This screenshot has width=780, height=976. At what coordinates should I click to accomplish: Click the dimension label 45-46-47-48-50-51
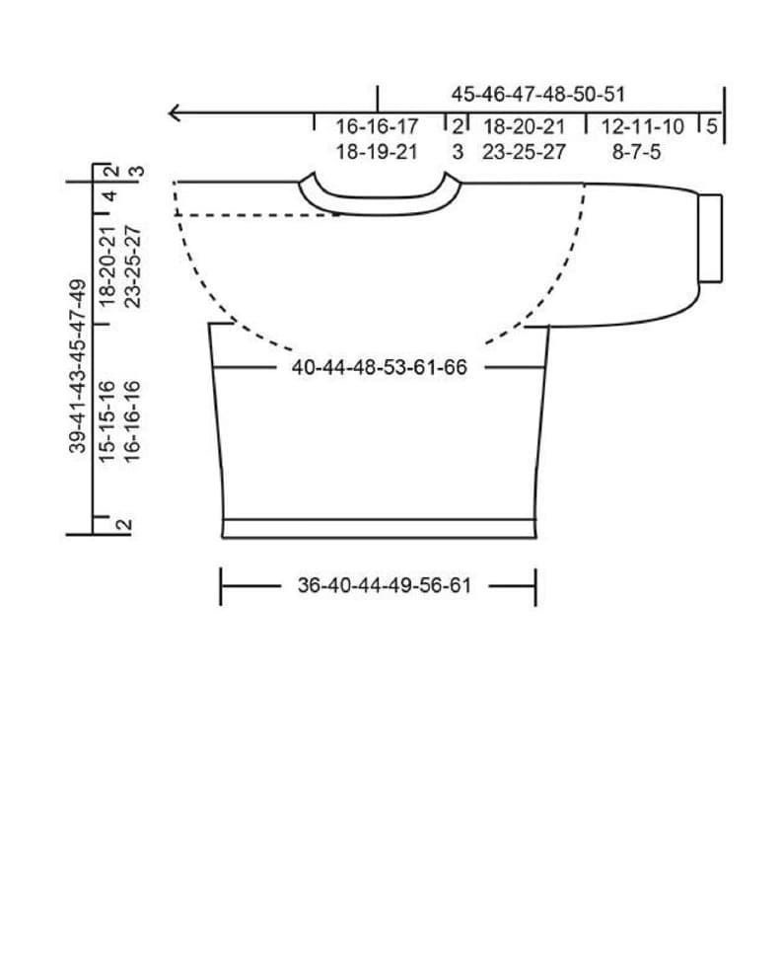pos(538,95)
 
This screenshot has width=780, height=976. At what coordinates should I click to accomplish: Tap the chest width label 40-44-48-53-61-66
pos(380,367)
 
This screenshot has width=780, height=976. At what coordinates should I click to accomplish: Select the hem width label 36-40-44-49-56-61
pos(385,586)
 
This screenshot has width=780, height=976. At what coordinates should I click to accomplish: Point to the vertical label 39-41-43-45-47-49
pos(78,367)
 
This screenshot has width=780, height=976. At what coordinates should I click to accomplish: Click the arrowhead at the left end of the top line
pos(175,113)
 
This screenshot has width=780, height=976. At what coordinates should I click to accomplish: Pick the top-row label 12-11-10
pos(643,127)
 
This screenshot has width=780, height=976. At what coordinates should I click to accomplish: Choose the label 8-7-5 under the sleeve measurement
pos(636,152)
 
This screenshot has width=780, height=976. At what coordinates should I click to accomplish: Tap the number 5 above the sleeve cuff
pos(712,126)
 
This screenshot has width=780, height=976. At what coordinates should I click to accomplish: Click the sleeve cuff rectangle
pos(710,239)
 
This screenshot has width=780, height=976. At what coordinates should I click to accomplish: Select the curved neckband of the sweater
pos(380,206)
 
